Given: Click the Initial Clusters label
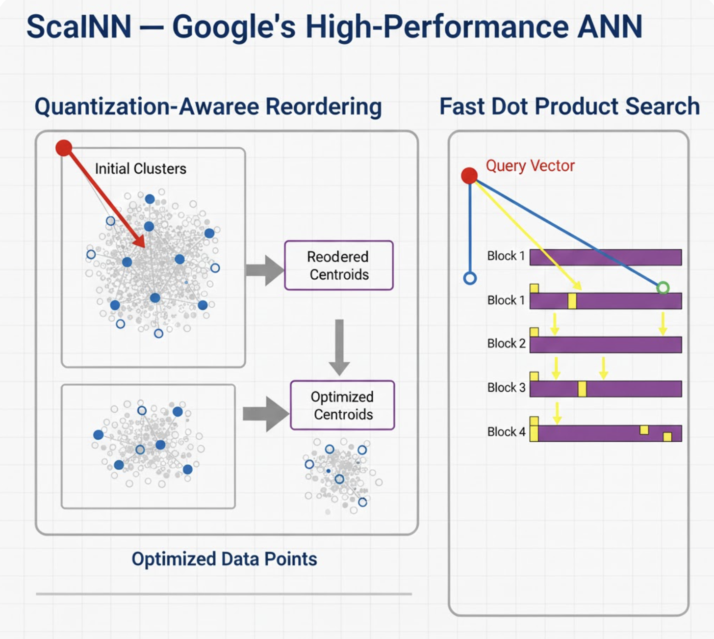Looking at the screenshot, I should [140, 169].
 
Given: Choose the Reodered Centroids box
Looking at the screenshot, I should [338, 266].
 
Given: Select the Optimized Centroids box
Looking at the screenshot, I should [342, 405].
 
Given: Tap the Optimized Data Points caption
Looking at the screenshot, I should [224, 559].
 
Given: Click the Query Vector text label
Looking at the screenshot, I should [530, 166].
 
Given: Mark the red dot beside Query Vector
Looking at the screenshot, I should [469, 175].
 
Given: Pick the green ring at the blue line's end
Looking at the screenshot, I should [663, 288].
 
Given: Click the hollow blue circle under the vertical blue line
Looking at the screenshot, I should [470, 279].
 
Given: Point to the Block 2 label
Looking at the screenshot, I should [506, 344].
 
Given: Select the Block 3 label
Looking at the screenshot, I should [506, 388].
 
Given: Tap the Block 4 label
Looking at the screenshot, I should [506, 432].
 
